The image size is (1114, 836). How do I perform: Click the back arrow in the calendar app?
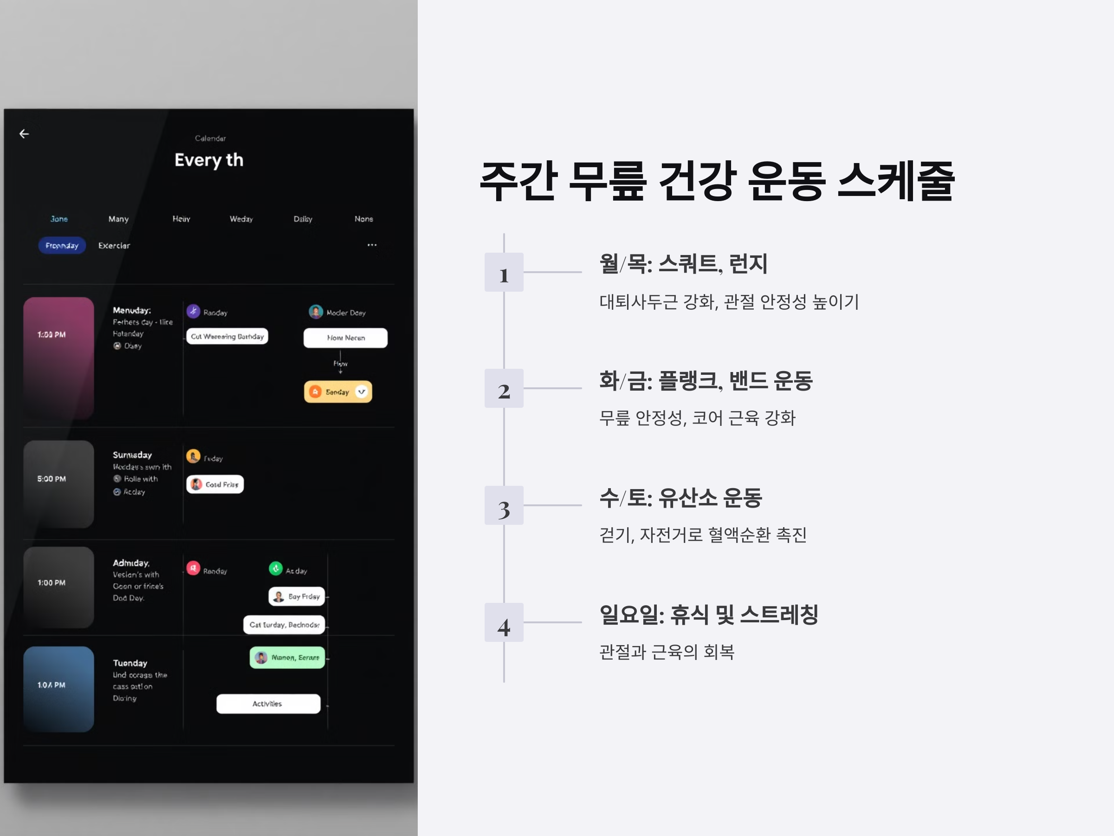click(x=24, y=134)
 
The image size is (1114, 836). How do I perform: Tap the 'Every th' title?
click(x=209, y=160)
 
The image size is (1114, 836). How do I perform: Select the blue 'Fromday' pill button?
click(x=62, y=245)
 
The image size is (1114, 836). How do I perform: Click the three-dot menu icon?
click(x=372, y=245)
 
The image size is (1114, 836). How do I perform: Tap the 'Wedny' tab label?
click(x=241, y=219)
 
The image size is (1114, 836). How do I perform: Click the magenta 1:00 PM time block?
click(x=58, y=358)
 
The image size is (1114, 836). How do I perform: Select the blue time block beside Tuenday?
click(x=58, y=688)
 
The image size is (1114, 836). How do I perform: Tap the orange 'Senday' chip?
click(x=338, y=392)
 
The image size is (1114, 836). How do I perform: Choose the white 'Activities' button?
click(x=268, y=704)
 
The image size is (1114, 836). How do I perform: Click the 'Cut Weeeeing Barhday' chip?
click(x=227, y=336)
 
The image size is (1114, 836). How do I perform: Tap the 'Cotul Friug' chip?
click(x=215, y=484)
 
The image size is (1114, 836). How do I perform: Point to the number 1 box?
click(x=504, y=272)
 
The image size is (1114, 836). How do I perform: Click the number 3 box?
click(x=504, y=505)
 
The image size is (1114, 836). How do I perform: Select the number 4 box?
click(x=504, y=622)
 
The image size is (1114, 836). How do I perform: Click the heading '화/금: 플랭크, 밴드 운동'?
click(x=706, y=380)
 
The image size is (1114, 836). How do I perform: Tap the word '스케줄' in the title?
click(x=896, y=181)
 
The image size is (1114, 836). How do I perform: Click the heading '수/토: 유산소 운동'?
click(x=680, y=498)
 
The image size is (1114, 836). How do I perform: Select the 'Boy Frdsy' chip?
click(x=297, y=597)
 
